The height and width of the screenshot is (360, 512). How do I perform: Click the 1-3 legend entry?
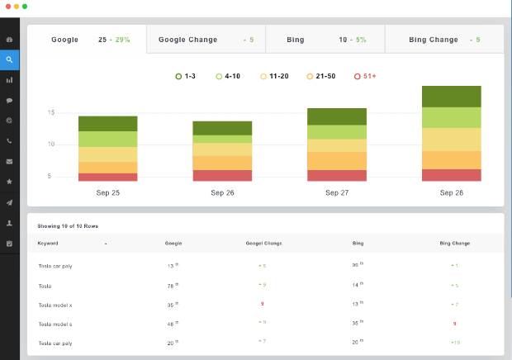click(x=186, y=76)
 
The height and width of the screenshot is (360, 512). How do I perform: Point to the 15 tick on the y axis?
click(x=51, y=112)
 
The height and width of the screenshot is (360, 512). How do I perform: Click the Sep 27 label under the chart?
click(x=337, y=192)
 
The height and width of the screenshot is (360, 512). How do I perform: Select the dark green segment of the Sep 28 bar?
click(x=451, y=97)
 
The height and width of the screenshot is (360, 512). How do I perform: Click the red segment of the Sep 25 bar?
click(x=107, y=177)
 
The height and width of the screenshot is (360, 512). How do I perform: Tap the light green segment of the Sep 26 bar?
click(x=222, y=140)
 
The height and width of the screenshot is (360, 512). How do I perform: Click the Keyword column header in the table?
click(x=48, y=244)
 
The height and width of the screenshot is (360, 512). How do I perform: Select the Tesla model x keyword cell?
click(x=56, y=304)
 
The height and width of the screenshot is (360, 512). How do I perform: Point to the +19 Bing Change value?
click(x=456, y=341)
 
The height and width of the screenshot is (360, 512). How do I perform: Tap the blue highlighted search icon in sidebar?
click(x=9, y=59)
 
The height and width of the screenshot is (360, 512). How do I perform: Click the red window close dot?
click(x=7, y=6)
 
